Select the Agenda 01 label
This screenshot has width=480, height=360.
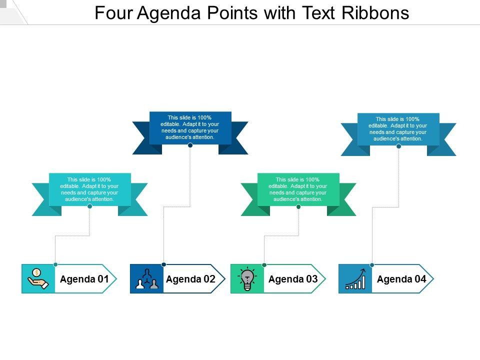tap(84, 279)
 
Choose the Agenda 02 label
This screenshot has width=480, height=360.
tap(190, 279)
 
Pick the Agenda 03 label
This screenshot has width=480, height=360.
tap(293, 279)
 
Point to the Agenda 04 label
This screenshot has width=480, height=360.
tap(401, 279)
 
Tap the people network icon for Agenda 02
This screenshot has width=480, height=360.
tap(146, 279)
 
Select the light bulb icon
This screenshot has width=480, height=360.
tap(247, 279)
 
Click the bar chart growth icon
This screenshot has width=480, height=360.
tap(355, 279)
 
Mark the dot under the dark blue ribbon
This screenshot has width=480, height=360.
tap(190, 145)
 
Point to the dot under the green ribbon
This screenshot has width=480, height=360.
tap(298, 206)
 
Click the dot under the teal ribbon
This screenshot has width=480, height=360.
tap(90, 206)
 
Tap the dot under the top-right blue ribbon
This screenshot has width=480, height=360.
tap(398, 146)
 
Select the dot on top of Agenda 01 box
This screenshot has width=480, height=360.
tap(55, 264)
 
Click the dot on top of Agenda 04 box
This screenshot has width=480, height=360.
tap(372, 264)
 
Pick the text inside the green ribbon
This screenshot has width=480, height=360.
tap(298, 189)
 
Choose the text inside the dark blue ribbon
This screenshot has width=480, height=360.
tap(190, 127)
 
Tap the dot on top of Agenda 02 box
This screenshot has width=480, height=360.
tap(163, 264)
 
